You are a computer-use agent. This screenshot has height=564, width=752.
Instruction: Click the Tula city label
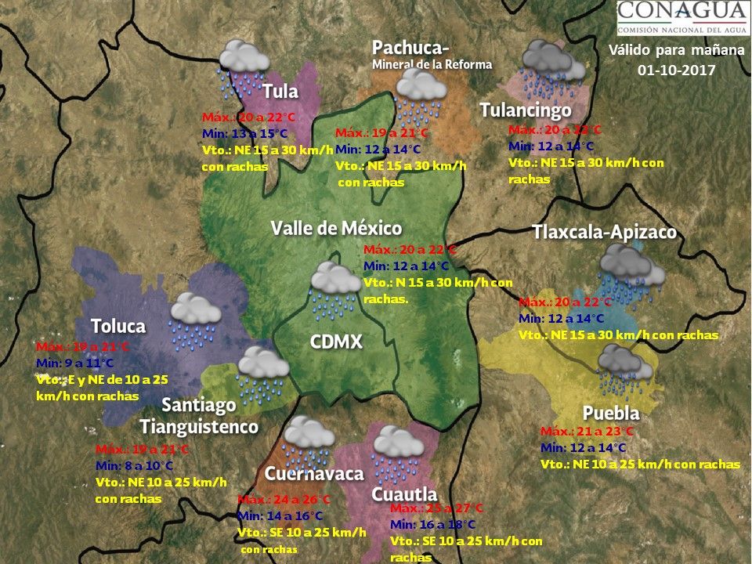(280, 91)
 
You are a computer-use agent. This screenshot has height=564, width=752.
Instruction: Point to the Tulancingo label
(525, 110)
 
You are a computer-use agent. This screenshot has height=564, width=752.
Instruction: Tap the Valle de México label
(336, 228)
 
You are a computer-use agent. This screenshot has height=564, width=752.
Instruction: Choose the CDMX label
(336, 342)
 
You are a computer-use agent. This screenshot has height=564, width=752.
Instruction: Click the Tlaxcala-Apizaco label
(604, 233)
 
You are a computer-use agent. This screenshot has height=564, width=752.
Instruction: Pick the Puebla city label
(611, 413)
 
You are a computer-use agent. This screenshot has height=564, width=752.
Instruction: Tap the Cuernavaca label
(314, 474)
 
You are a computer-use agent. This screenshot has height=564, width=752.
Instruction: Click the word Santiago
(199, 405)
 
